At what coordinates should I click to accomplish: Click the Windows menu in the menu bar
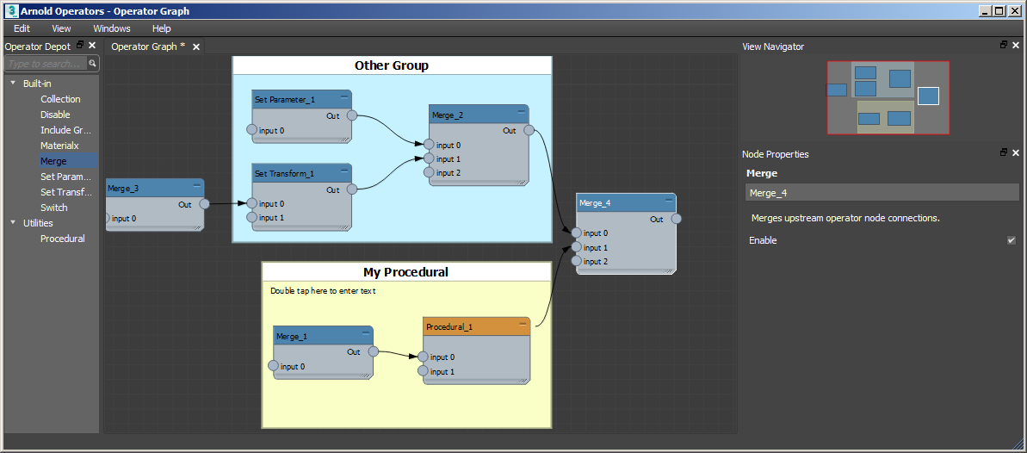[x=112, y=28]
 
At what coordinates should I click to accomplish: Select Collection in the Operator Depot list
[x=60, y=99]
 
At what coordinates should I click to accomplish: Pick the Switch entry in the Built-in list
[x=54, y=208]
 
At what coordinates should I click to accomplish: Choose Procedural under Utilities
[x=63, y=239]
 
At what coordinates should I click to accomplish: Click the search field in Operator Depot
[x=46, y=64]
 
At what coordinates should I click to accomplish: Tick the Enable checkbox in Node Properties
[x=1012, y=240]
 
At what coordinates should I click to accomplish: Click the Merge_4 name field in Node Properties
[x=881, y=193]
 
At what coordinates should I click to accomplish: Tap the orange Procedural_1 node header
[x=476, y=327]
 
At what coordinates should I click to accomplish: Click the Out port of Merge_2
[x=528, y=131]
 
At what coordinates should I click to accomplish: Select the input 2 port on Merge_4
[x=576, y=261]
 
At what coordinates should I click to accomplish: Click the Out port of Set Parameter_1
[x=350, y=116]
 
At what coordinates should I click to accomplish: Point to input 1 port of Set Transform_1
[x=252, y=218]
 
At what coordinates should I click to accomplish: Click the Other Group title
[x=392, y=65]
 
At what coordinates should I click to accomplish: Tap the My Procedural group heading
[x=405, y=272]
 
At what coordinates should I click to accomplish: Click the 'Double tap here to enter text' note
[x=323, y=291]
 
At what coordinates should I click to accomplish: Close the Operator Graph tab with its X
[x=196, y=47]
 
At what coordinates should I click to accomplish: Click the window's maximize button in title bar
[x=999, y=11]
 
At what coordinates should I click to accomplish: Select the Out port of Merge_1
[x=373, y=351]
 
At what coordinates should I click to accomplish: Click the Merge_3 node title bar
[x=151, y=187]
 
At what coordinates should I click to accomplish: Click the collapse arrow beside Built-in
[x=13, y=84]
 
